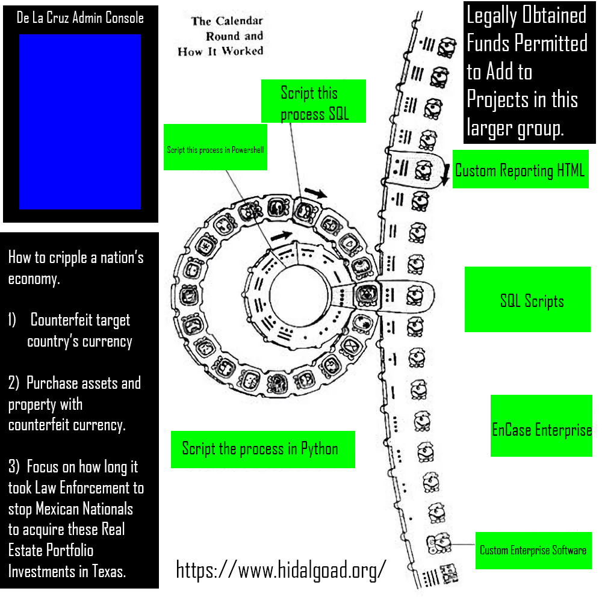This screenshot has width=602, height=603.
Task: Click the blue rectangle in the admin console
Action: pyautogui.click(x=80, y=122)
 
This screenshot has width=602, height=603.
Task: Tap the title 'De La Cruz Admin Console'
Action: pyautogui.click(x=80, y=18)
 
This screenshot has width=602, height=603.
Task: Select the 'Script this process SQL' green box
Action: pyautogui.click(x=314, y=102)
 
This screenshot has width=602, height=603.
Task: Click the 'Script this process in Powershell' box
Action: pyautogui.click(x=215, y=147)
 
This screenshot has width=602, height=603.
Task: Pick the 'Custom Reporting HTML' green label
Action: pyautogui.click(x=520, y=170)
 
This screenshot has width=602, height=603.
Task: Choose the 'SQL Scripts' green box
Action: pyautogui.click(x=527, y=300)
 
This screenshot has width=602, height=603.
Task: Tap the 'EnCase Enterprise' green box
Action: pyautogui.click(x=541, y=430)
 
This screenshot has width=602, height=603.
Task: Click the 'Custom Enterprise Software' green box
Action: pyautogui.click(x=532, y=550)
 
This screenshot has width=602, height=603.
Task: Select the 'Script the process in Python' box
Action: pyautogui.click(x=262, y=449)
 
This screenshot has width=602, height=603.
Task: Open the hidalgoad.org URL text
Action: pyautogui.click(x=280, y=569)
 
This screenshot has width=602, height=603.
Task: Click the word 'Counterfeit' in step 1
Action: pyautogui.click(x=80, y=320)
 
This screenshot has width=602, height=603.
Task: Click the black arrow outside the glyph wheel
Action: pyautogui.click(x=315, y=193)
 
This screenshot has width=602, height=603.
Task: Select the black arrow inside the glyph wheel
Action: pyautogui.click(x=282, y=235)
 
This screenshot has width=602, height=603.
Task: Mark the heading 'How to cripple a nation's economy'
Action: pyautogui.click(x=75, y=268)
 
